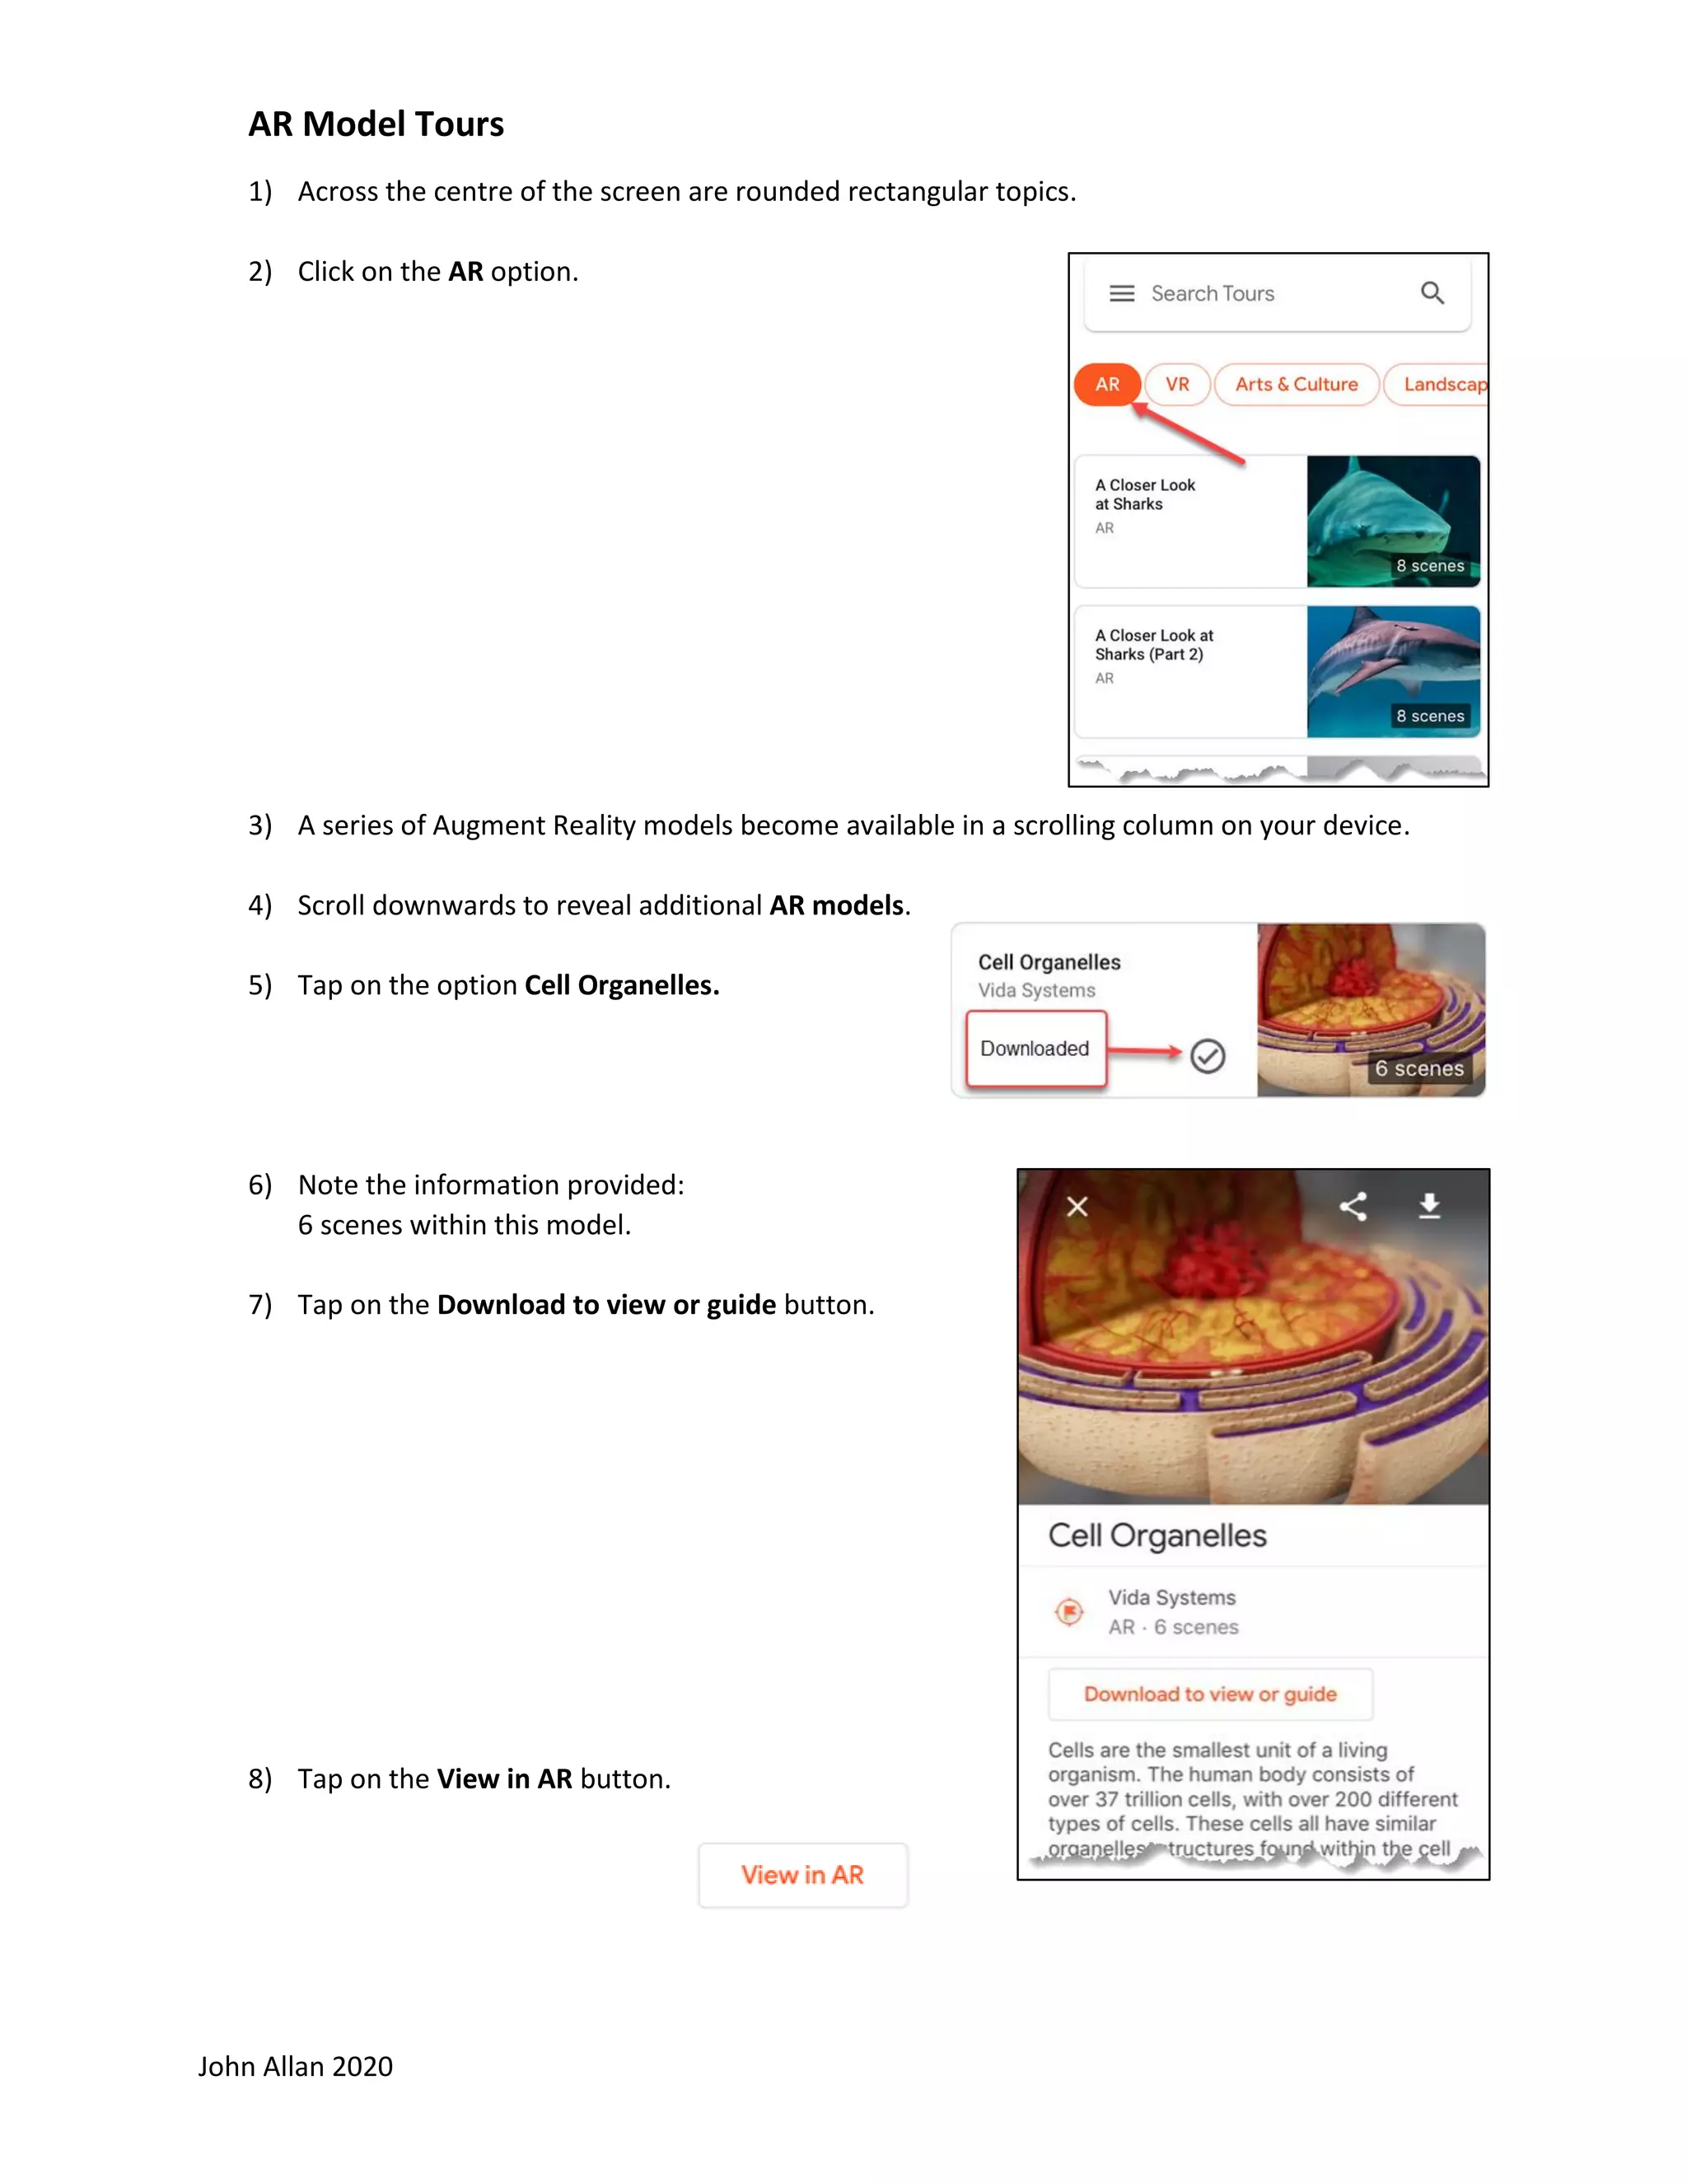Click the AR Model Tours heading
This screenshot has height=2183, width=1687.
[376, 124]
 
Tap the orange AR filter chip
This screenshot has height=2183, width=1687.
[1106, 385]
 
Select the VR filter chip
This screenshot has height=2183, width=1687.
[1177, 385]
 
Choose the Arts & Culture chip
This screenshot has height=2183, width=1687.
[1297, 385]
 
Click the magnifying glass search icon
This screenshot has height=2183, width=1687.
[1432, 293]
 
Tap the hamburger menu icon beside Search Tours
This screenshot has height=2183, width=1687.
[1121, 293]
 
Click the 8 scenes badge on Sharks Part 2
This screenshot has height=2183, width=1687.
[1429, 716]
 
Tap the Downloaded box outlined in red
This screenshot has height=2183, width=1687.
[1035, 1049]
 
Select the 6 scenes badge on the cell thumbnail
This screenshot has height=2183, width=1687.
[1418, 1068]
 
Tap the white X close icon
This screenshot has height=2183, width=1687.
[1077, 1207]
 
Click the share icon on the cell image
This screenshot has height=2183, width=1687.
[1353, 1207]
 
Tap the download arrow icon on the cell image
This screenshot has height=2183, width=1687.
[1429, 1207]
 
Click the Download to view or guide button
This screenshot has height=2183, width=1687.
[1209, 1695]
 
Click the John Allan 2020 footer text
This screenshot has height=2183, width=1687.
[295, 2066]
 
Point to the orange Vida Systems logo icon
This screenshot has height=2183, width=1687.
[1069, 1611]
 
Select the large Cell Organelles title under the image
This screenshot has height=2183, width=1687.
[1157, 1536]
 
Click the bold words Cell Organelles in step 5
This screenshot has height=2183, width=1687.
[622, 985]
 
